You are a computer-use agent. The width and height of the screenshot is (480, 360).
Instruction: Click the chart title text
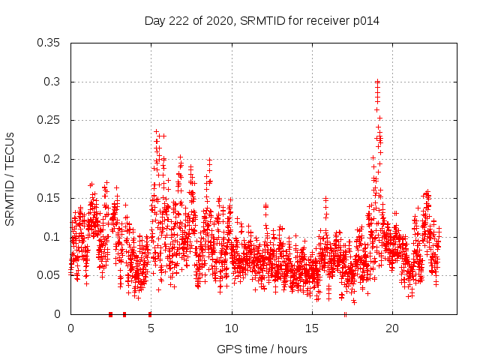pyautogui.click(x=262, y=21)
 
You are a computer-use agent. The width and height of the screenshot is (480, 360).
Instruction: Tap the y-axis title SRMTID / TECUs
pyautogui.click(x=10, y=178)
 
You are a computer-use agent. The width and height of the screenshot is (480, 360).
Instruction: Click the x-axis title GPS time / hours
pyautogui.click(x=262, y=349)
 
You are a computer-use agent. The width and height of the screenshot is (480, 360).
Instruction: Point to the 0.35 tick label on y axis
pyautogui.click(x=49, y=43)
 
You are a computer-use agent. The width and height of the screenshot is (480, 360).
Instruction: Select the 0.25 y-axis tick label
pyautogui.click(x=49, y=120)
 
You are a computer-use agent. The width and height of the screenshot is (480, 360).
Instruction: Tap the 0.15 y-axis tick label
pyautogui.click(x=49, y=198)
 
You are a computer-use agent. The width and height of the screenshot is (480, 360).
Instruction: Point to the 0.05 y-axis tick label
pyautogui.click(x=49, y=275)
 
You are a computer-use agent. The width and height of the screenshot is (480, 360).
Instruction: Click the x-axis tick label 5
pyautogui.click(x=151, y=328)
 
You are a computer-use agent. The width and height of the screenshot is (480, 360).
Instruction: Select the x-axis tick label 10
pyautogui.click(x=232, y=328)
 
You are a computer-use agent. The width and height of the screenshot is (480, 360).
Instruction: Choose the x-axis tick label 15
pyautogui.click(x=312, y=328)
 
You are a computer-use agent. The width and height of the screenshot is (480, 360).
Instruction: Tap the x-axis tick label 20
pyautogui.click(x=392, y=328)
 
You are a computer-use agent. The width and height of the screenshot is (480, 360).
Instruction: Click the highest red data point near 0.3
pyautogui.click(x=377, y=82)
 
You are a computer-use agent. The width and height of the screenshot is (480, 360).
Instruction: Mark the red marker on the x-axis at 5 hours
pyautogui.click(x=150, y=314)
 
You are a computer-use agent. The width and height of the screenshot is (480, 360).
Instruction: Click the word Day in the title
pyautogui.click(x=154, y=21)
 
